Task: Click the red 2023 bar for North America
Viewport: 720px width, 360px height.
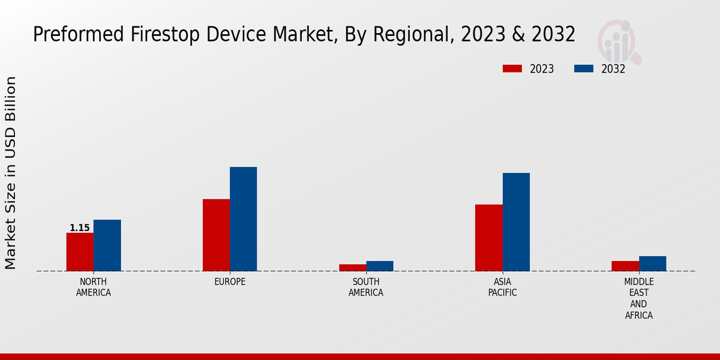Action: pyautogui.click(x=80, y=252)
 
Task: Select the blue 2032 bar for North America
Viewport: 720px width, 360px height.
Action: pyautogui.click(x=107, y=245)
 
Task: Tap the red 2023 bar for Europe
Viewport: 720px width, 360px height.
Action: pyautogui.click(x=216, y=235)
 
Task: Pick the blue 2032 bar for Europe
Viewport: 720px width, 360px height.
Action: pyautogui.click(x=243, y=219)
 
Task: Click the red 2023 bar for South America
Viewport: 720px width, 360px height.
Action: pyautogui.click(x=352, y=268)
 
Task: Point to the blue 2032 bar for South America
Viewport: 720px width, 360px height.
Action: pyautogui.click(x=380, y=266)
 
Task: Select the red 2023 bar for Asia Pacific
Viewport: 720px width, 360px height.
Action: pyautogui.click(x=488, y=238)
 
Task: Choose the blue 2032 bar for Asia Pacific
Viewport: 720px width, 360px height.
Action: pyautogui.click(x=516, y=222)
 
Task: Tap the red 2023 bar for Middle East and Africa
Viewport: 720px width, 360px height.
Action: pyautogui.click(x=625, y=266)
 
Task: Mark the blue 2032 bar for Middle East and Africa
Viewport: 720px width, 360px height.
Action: pyautogui.click(x=652, y=263)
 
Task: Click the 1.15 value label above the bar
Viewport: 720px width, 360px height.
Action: pyautogui.click(x=80, y=228)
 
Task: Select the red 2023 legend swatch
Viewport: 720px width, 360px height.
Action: pyautogui.click(x=512, y=69)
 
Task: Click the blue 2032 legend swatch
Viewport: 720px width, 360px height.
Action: pyautogui.click(x=583, y=69)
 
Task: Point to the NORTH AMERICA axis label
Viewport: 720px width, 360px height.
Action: pyautogui.click(x=94, y=287)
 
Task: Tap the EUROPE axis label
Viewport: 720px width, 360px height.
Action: pyautogui.click(x=230, y=282)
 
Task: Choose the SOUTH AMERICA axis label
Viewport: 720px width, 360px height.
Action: pyautogui.click(x=366, y=287)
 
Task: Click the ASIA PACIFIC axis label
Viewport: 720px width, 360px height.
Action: pyautogui.click(x=502, y=287)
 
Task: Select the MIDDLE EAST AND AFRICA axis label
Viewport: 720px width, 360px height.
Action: pyautogui.click(x=639, y=298)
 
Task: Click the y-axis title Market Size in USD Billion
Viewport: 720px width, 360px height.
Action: pyautogui.click(x=11, y=173)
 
